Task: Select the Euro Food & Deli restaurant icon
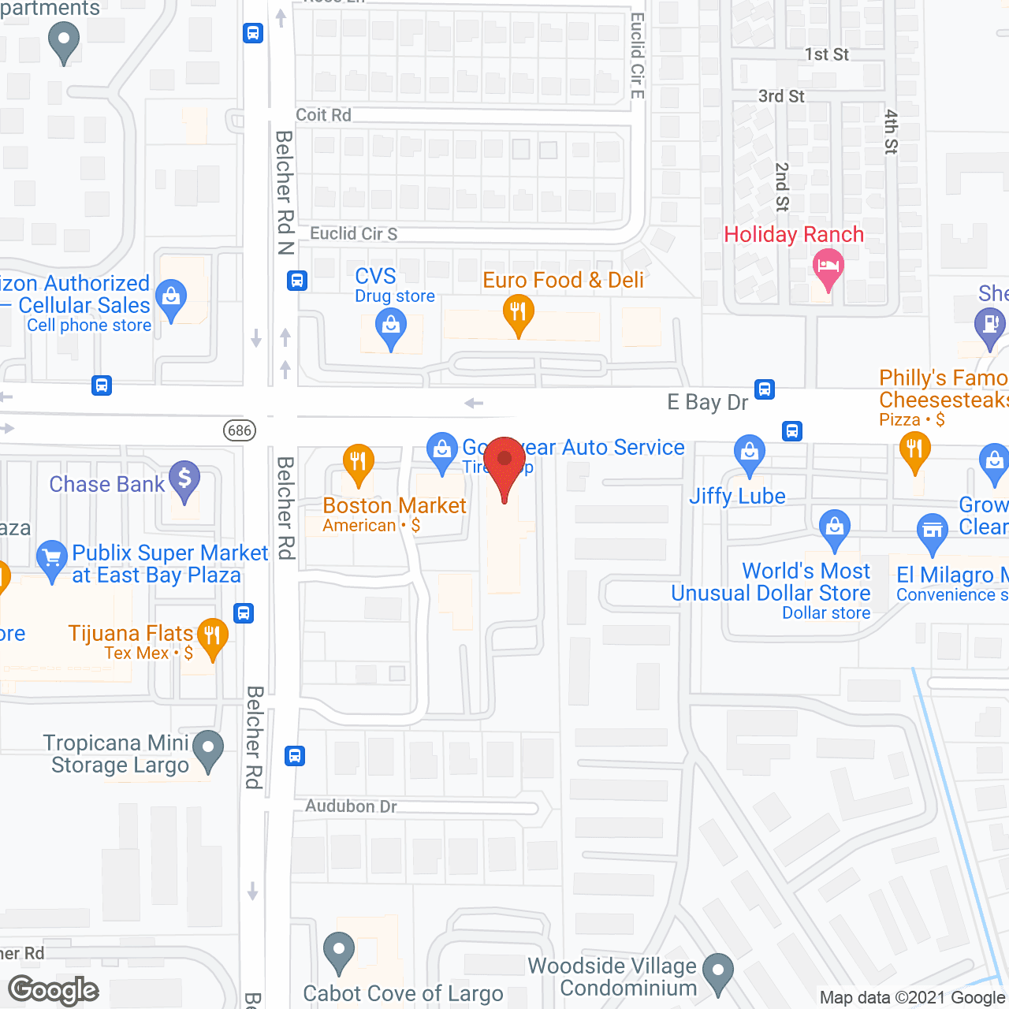point(518,313)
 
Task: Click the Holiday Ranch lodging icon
point(828,266)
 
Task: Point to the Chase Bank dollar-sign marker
point(184,478)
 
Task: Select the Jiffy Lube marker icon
point(749,452)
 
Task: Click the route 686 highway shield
point(240,430)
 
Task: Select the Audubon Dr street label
point(351,806)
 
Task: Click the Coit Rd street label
point(323,115)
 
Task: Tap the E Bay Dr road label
point(707,402)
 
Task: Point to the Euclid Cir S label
point(353,233)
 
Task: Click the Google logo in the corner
point(54,990)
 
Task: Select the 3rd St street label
point(781,96)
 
